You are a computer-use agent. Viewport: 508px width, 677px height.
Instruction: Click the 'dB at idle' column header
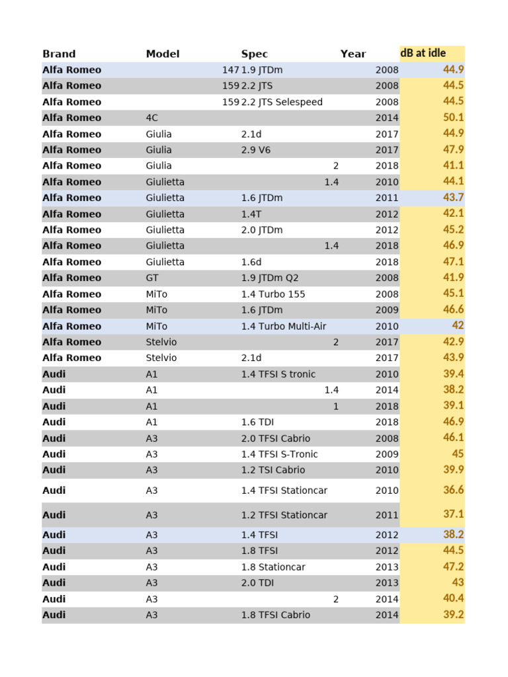(423, 53)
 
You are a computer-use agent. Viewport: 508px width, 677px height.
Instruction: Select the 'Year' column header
(353, 54)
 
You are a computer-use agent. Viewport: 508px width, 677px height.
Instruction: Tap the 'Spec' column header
(255, 54)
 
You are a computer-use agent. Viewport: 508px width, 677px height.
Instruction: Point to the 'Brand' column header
(59, 54)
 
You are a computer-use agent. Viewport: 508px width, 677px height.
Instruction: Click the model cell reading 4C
(152, 118)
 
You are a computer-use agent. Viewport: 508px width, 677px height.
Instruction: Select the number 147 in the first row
(231, 69)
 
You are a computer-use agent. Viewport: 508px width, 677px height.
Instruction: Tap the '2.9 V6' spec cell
(256, 149)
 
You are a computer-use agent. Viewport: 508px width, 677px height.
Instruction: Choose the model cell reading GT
(152, 278)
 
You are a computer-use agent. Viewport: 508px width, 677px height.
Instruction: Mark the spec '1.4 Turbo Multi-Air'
(284, 326)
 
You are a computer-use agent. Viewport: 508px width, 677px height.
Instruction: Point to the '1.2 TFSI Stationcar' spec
(284, 515)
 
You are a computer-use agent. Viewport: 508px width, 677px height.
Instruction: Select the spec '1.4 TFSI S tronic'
(278, 374)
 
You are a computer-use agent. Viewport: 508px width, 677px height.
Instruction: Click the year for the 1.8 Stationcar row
(387, 567)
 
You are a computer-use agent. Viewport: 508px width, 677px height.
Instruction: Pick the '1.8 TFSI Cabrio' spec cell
(276, 615)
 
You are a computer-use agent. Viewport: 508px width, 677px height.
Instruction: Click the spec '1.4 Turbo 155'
(273, 294)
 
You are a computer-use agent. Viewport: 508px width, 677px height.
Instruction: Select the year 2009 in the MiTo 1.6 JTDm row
(387, 310)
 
